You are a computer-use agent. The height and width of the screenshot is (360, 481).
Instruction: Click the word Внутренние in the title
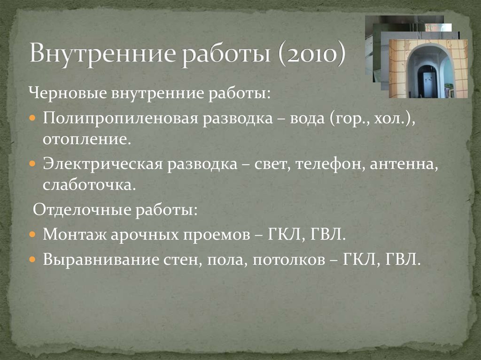[x=105, y=53]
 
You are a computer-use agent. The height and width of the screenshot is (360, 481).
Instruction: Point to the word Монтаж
[x=73, y=235]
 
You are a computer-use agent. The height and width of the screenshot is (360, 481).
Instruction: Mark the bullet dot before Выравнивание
[x=32, y=260]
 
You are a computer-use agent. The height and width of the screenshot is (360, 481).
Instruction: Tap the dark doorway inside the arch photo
[x=427, y=81]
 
